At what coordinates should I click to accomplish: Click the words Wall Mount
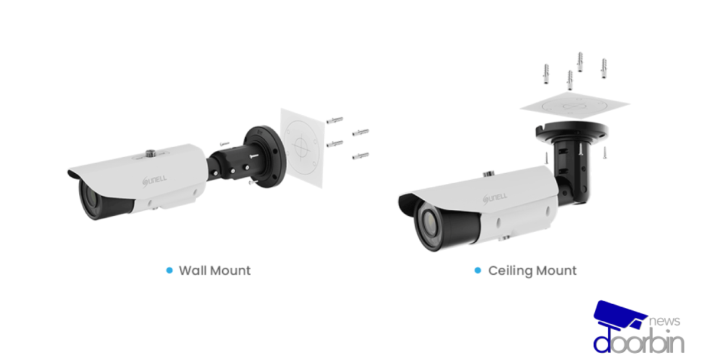point(215,271)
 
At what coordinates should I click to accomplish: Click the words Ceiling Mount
point(532,271)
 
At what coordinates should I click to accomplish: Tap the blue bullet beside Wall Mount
point(169,271)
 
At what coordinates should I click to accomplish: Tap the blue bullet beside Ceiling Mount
point(477,271)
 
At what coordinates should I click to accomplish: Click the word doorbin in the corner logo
point(638,342)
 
